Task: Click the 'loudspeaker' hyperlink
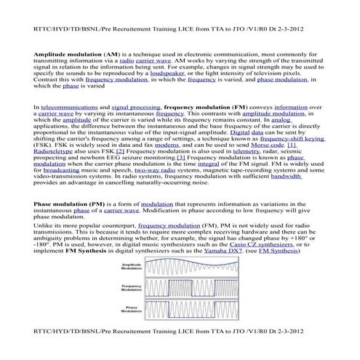166,94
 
